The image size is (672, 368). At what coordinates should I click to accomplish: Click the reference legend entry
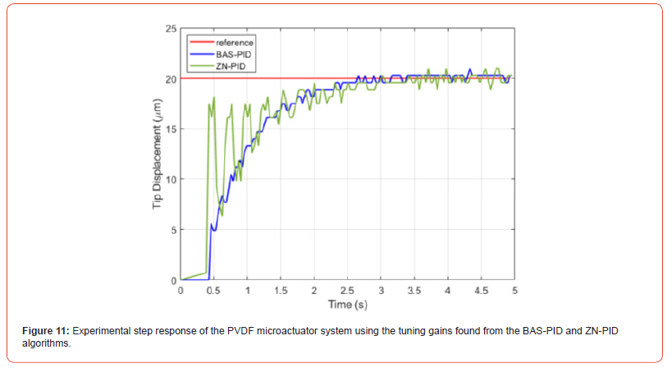pyautogui.click(x=234, y=39)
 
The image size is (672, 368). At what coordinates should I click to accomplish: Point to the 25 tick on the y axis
pyautogui.click(x=171, y=29)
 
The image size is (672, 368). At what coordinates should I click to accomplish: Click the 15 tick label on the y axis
pyautogui.click(x=171, y=129)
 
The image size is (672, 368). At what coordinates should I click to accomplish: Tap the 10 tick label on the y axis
pyautogui.click(x=171, y=179)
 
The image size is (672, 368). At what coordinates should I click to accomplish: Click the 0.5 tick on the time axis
pyautogui.click(x=213, y=290)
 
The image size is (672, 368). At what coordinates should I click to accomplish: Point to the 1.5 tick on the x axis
pyautogui.click(x=281, y=290)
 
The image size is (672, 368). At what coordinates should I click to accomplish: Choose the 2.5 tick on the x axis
pyautogui.click(x=347, y=290)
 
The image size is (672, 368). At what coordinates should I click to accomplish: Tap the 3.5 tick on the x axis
pyautogui.click(x=414, y=290)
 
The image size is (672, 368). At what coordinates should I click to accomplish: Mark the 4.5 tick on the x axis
pyautogui.click(x=481, y=290)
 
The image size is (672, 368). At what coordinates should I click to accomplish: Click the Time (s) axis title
pyautogui.click(x=347, y=304)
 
